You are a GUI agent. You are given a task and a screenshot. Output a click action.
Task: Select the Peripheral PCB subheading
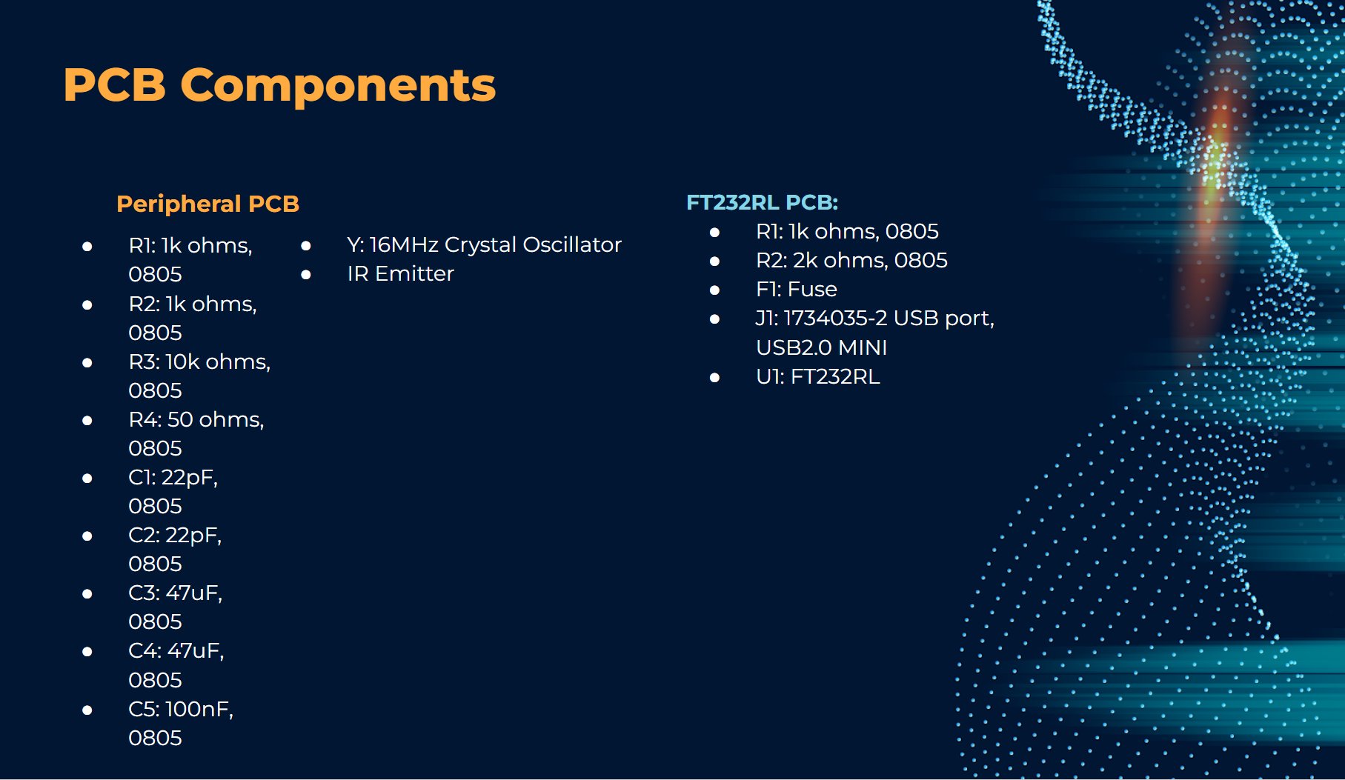click(x=208, y=204)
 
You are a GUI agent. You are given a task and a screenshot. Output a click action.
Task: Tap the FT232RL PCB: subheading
click(x=762, y=202)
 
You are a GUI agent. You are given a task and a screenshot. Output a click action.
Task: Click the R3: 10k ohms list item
click(x=199, y=376)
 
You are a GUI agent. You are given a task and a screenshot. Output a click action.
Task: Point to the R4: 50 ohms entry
click(x=196, y=433)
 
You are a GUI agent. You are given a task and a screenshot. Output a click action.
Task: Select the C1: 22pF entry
click(x=173, y=491)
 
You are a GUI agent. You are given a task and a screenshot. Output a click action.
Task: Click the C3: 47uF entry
click(x=176, y=607)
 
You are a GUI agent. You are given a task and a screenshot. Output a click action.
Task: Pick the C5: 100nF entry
click(x=181, y=723)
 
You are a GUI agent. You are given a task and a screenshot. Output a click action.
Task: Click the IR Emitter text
click(x=400, y=273)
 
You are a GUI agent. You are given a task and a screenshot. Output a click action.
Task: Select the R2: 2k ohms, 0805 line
click(x=851, y=260)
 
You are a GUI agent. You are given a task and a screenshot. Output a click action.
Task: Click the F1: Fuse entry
click(x=797, y=289)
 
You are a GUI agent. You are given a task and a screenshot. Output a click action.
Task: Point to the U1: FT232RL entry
click(x=818, y=376)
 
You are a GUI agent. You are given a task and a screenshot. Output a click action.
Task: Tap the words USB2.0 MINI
click(x=821, y=347)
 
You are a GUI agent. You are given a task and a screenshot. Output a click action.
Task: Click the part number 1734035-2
click(x=835, y=318)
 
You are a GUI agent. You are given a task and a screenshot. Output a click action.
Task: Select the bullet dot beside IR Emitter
click(x=306, y=275)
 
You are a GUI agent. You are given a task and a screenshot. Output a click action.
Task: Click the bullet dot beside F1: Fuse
click(x=714, y=290)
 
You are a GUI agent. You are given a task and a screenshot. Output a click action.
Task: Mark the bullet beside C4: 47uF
click(x=87, y=652)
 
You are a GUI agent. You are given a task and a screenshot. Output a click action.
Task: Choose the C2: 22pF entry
click(x=175, y=549)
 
